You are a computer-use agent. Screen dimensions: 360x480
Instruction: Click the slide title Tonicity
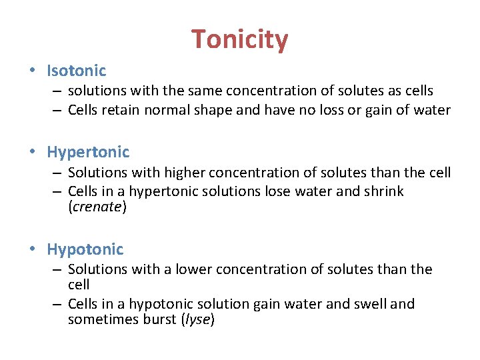[240, 40]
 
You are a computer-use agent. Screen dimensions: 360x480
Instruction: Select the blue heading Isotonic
[77, 70]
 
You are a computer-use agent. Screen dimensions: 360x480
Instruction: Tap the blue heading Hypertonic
[88, 152]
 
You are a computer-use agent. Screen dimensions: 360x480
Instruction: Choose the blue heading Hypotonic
[85, 249]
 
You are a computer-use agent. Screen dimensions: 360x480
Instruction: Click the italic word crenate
[97, 207]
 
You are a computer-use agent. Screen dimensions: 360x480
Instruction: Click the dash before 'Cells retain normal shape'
[59, 110]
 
